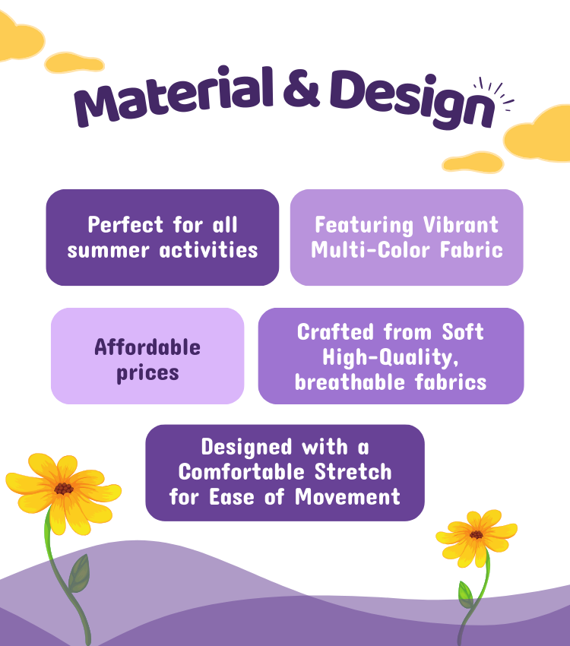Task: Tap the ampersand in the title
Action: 302,90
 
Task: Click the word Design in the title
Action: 412,99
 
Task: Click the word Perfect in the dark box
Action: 125,224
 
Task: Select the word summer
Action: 109,251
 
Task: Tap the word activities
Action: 208,250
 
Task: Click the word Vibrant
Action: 461,224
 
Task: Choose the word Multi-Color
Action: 370,250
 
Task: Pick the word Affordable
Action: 147,347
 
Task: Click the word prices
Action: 147,373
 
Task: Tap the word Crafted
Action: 335,331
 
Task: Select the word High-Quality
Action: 390,357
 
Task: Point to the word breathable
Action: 350,382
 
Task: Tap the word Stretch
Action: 353,472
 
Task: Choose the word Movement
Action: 347,497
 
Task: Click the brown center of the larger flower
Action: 63,488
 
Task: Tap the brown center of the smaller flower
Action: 476,535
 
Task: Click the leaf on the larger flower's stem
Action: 80,574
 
